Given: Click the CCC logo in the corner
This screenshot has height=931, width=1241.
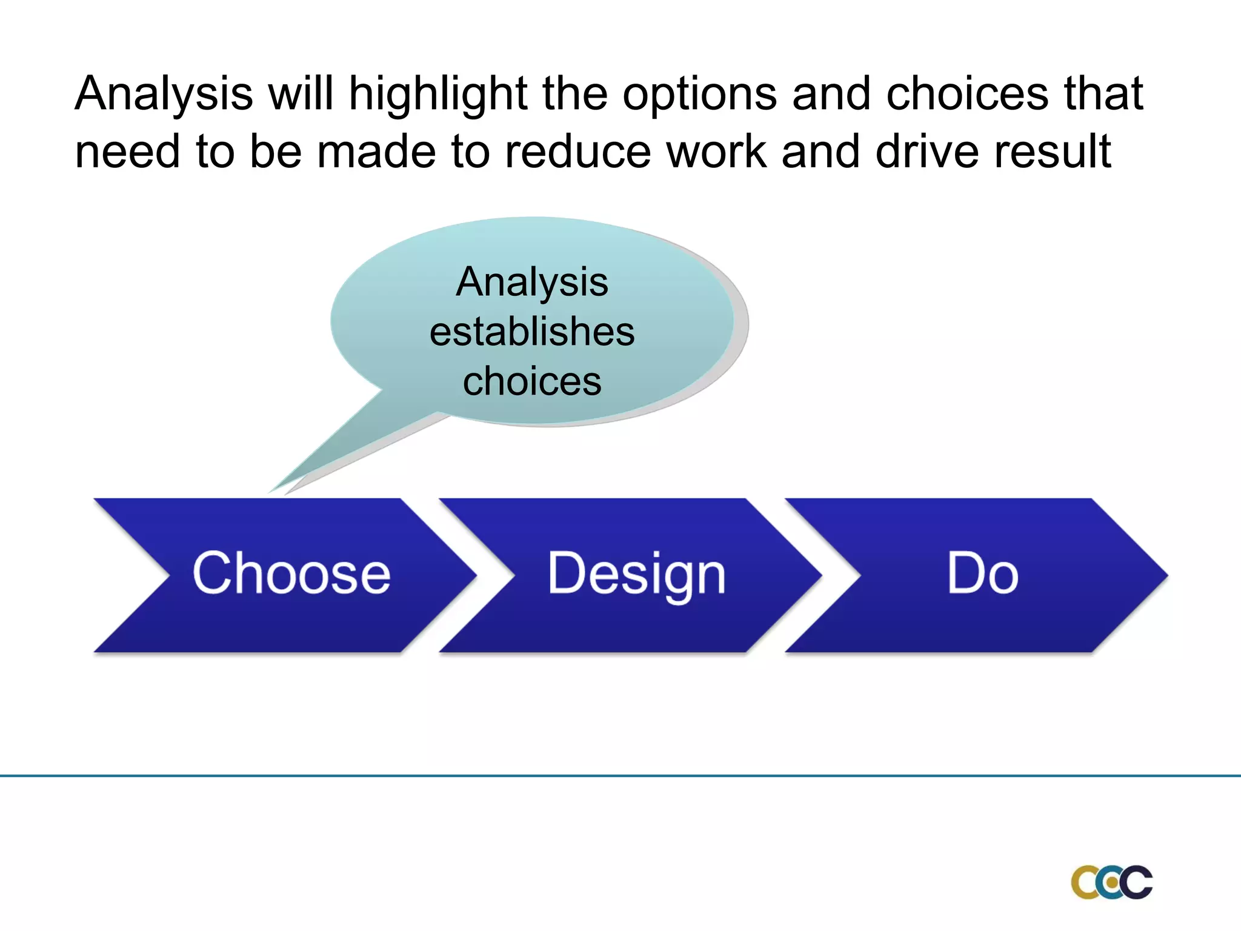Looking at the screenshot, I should (x=1111, y=882).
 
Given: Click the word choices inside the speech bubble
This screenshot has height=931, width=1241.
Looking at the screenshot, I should (x=532, y=381).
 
